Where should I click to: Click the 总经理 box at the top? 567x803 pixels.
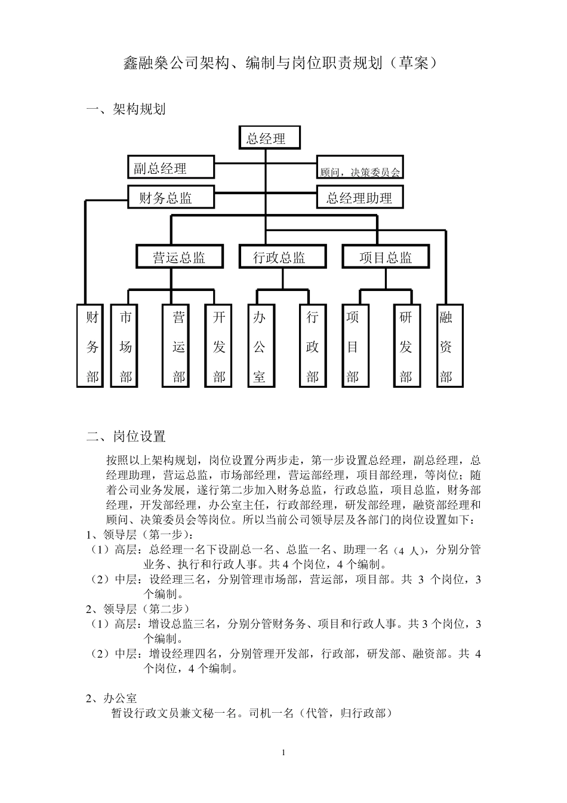[269, 137]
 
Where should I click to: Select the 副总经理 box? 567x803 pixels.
[171, 167]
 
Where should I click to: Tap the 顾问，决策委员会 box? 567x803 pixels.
[360, 167]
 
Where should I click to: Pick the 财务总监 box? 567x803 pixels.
[171, 197]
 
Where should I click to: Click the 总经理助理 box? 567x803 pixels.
[360, 197]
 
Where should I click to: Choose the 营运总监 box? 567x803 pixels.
[180, 256]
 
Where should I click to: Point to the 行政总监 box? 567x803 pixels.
[282, 256]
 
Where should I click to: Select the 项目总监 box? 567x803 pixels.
[386, 256]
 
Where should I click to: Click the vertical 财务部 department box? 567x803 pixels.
[90, 346]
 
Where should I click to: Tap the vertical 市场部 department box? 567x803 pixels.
[124, 346]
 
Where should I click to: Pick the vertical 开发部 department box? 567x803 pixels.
[218, 346]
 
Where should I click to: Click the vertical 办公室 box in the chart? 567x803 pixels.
[261, 346]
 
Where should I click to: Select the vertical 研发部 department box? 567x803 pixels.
[407, 346]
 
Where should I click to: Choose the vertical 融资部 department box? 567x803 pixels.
[450, 346]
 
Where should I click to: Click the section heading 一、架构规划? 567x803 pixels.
[126, 109]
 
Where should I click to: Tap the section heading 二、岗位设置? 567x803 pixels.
[126, 436]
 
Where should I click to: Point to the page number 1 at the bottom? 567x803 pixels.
[283, 752]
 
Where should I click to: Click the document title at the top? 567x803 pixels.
[281, 63]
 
